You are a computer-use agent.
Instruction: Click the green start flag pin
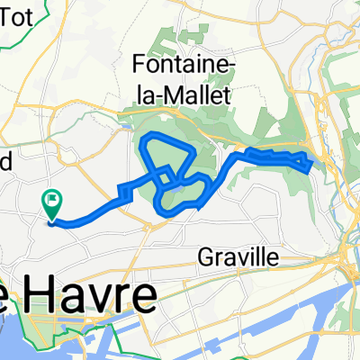pos(52,203)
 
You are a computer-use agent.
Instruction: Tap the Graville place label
pos(238,259)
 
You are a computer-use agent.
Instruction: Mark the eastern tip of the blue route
pos(311,164)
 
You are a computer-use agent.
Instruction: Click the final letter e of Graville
pos(274,259)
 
